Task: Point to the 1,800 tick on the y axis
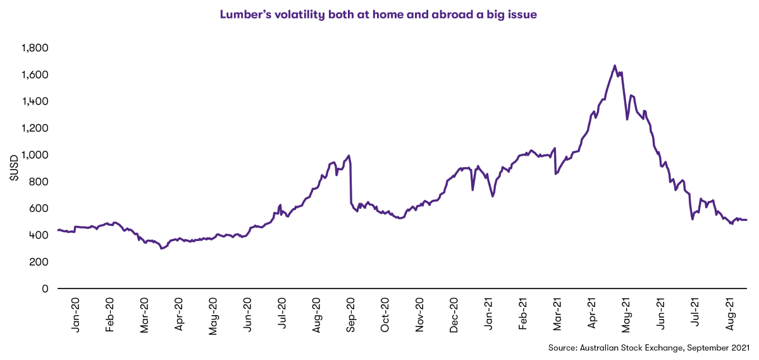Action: coord(35,48)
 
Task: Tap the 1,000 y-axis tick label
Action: coord(35,155)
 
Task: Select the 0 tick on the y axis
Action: coord(45,289)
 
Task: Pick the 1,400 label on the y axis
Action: coord(35,102)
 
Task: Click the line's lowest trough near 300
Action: coord(162,249)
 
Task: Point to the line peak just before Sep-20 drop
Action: coord(349,156)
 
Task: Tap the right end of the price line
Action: coord(747,220)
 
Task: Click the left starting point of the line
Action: coord(58,230)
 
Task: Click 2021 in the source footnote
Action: coord(737,347)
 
